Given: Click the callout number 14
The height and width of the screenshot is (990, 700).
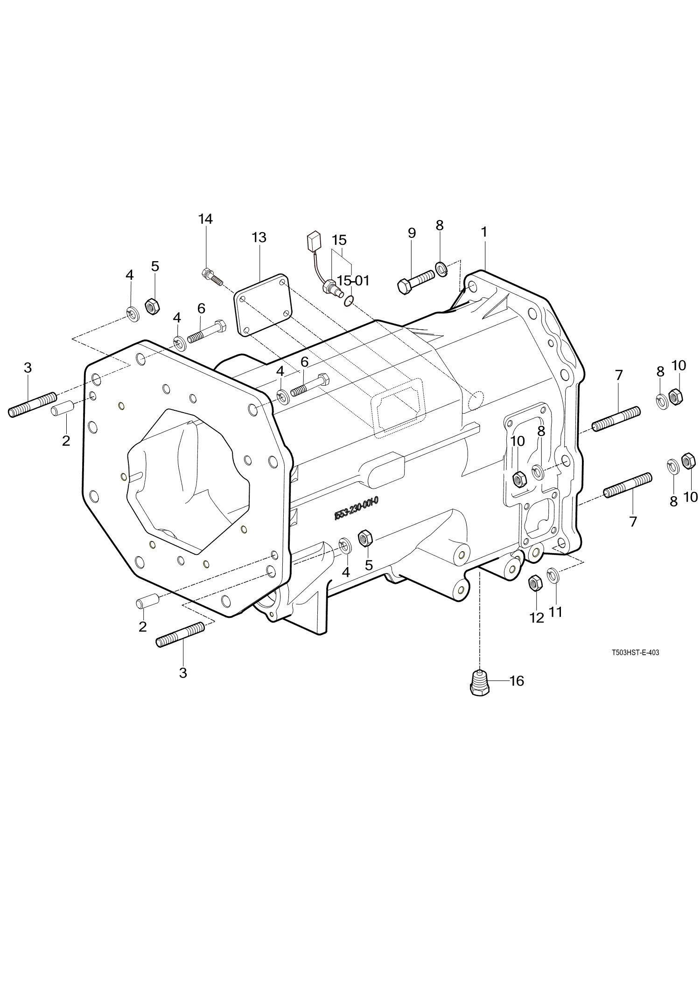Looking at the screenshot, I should [x=205, y=219].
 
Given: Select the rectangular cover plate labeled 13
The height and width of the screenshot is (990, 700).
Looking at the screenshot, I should [x=263, y=305].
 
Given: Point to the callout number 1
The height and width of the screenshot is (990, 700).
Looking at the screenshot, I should [x=484, y=232].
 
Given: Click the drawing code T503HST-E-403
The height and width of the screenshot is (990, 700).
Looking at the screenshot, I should [x=635, y=653].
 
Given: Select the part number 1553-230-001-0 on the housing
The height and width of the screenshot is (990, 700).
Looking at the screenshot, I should [x=356, y=507].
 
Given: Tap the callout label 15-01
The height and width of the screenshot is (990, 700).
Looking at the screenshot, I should [x=353, y=281].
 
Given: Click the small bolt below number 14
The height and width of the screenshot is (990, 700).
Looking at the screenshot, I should [x=211, y=277].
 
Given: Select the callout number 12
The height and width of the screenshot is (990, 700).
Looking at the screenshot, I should [x=537, y=617].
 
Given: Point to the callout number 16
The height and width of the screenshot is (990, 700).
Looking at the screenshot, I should [x=517, y=681].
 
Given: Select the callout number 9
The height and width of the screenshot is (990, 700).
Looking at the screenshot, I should [x=412, y=233].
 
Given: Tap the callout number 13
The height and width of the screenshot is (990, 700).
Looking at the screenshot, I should [x=259, y=237].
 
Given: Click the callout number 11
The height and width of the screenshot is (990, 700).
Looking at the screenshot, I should [x=555, y=611].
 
